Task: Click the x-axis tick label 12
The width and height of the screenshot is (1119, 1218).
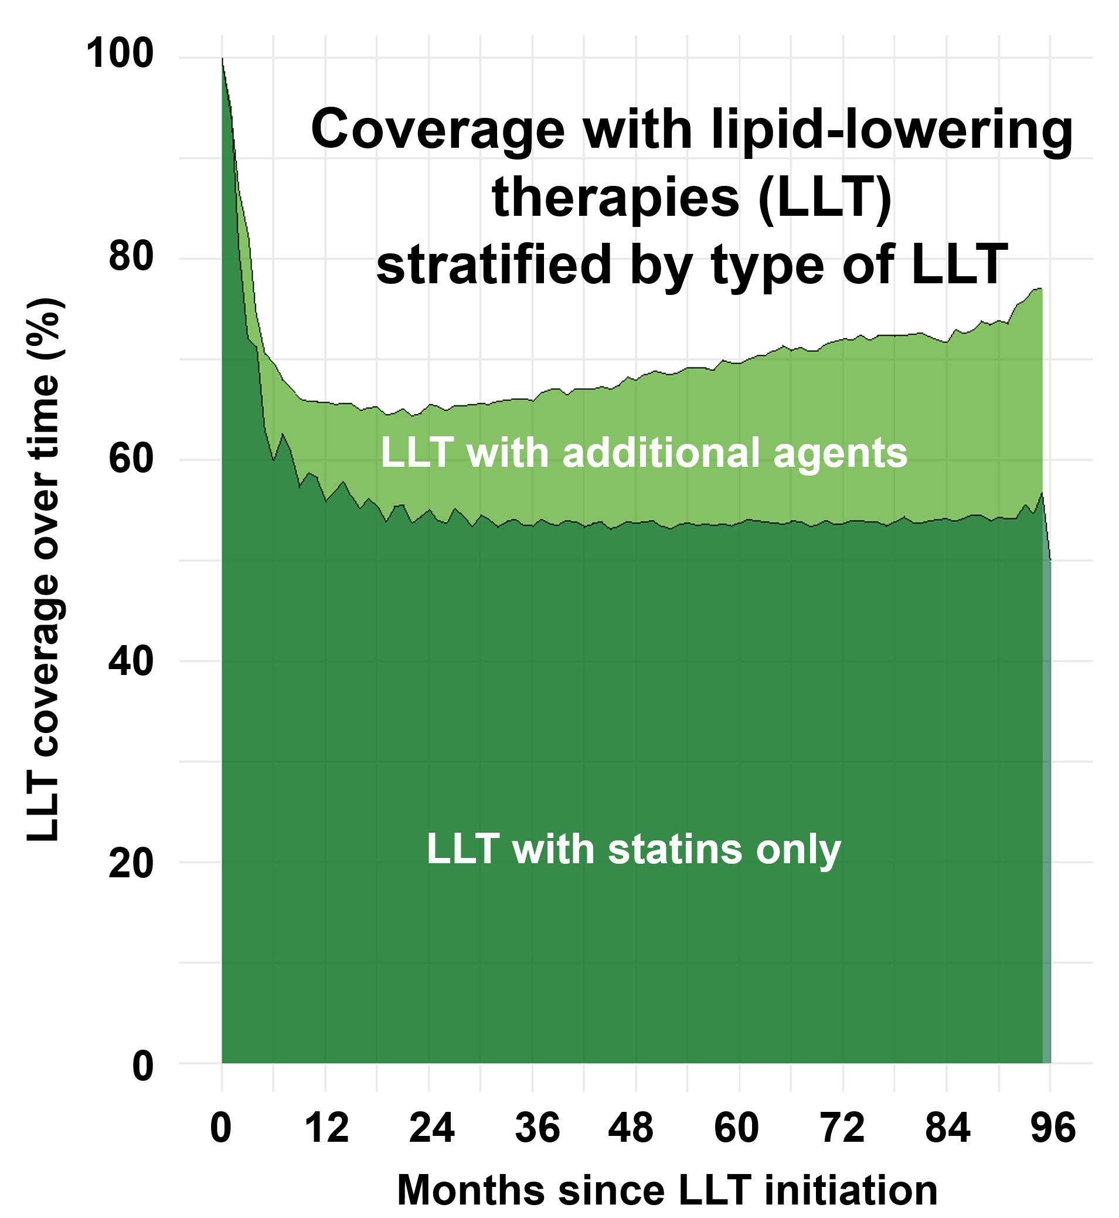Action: click(x=327, y=1128)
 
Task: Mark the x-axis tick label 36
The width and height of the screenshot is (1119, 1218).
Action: click(x=537, y=1128)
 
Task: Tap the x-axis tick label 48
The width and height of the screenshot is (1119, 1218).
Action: click(x=630, y=1128)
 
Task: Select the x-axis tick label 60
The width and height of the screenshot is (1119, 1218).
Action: click(x=736, y=1128)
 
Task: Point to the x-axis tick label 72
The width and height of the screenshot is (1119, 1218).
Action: click(x=842, y=1128)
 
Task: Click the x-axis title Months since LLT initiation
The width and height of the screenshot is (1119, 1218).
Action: click(x=667, y=1189)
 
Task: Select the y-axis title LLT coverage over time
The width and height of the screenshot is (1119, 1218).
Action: click(x=43, y=569)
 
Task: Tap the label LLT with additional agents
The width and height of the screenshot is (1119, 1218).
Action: click(x=644, y=453)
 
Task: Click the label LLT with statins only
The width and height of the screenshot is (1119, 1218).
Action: click(x=634, y=849)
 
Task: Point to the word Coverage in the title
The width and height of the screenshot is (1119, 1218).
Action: click(x=437, y=131)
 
